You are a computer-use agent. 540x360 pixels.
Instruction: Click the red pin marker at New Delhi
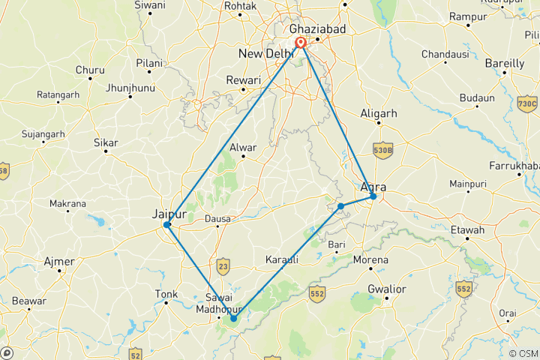[x=300, y=43]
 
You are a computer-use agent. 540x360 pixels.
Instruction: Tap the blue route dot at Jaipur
[x=167, y=224]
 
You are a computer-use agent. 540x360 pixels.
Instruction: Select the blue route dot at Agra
[x=373, y=196]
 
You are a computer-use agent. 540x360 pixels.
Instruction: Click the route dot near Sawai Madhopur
[x=233, y=318]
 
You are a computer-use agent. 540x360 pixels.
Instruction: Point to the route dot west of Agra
[x=340, y=205]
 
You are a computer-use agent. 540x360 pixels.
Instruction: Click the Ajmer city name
[x=59, y=262]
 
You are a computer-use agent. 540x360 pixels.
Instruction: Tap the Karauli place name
[x=282, y=259]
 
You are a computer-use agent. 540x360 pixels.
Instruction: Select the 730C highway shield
[x=527, y=103]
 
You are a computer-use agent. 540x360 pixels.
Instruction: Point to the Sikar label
[x=106, y=142]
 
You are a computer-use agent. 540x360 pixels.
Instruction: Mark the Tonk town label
[x=166, y=294]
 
